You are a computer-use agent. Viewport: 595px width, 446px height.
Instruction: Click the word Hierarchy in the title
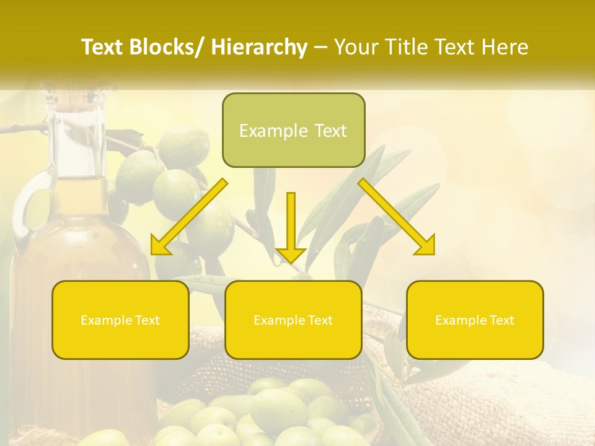(x=259, y=48)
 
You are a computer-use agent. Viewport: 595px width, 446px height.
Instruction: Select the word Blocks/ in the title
(x=167, y=48)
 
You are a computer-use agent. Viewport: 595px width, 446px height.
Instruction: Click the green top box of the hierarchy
(x=293, y=130)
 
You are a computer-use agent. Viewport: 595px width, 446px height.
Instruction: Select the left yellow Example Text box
(x=120, y=320)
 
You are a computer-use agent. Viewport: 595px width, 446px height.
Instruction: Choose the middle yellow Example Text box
(x=293, y=320)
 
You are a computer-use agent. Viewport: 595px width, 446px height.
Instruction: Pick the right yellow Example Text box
(x=475, y=320)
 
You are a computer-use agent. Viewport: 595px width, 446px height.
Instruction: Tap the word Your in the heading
(x=356, y=48)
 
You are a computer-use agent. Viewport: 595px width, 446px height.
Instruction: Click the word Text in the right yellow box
(x=501, y=320)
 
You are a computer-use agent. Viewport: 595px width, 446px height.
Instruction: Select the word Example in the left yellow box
(x=106, y=320)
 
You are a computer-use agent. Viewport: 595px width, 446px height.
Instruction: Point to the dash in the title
(x=320, y=48)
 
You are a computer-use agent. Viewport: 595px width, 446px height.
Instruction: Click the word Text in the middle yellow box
(x=319, y=320)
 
